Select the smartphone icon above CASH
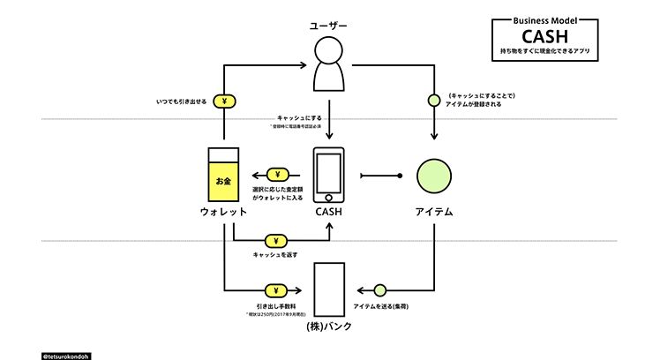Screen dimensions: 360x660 click(x=328, y=175)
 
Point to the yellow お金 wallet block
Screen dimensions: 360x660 click(x=224, y=180)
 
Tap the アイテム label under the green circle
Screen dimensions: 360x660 click(x=434, y=213)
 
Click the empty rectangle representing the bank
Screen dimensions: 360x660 click(x=328, y=289)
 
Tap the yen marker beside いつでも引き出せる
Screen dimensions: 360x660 click(x=225, y=101)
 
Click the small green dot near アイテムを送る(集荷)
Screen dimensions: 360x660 click(x=379, y=289)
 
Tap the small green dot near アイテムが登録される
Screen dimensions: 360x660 click(x=433, y=100)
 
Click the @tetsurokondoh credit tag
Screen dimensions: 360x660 click(x=67, y=356)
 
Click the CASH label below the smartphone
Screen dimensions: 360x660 click(x=328, y=213)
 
